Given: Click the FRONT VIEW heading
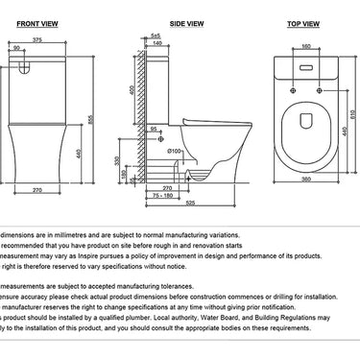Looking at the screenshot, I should click(x=41, y=18).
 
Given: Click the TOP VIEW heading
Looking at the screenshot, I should click(x=304, y=18).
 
